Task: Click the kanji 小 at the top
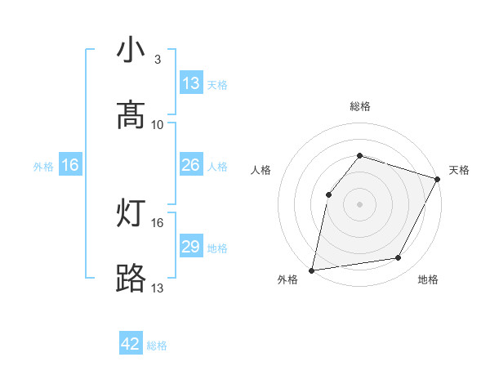coord(131,51)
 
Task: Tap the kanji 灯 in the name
coord(131,214)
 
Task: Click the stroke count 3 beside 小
coord(158,60)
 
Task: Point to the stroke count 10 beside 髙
coord(158,124)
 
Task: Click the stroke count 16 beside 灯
coord(158,222)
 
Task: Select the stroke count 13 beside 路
coord(158,288)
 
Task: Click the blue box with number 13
coord(191,83)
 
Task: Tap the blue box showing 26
coord(191,165)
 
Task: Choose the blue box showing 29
coord(191,247)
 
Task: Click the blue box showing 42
coord(131,344)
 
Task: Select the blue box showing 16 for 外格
coord(70,165)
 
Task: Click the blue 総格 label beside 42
coord(157,346)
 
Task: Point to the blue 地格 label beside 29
coord(217,248)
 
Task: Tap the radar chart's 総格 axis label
coord(359,106)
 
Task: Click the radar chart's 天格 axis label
coord(459,170)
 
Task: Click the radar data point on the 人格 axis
coord(328,194)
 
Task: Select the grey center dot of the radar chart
coord(359,203)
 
